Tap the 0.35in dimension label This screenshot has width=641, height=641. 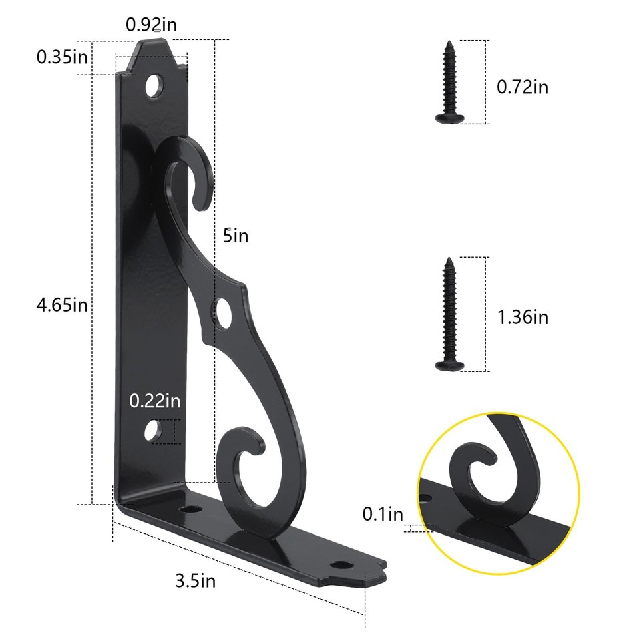point(62,57)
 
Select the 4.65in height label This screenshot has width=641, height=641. point(62,306)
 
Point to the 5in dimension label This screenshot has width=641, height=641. point(236,236)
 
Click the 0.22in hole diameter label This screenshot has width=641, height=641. point(155,401)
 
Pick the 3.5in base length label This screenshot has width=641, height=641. point(195,580)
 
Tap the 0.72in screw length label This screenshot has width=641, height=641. point(522,86)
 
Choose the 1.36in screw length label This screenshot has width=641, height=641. point(522,316)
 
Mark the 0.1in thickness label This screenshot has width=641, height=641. point(383,514)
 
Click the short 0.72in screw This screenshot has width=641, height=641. point(451,83)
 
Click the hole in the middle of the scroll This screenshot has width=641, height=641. point(222,312)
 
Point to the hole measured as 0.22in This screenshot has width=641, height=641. point(154,431)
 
